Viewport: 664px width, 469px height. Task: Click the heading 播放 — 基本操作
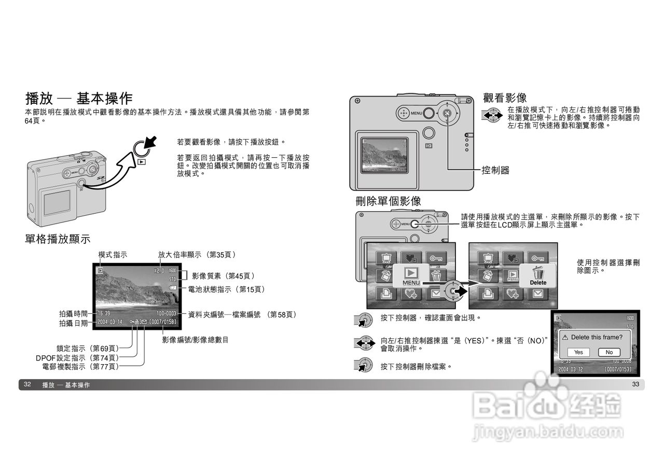coord(79,99)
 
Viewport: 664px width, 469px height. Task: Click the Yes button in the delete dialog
coord(578,352)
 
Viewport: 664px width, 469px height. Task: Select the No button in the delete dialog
coord(609,352)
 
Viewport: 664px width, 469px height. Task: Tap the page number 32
coord(27,384)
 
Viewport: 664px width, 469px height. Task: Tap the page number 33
coord(635,384)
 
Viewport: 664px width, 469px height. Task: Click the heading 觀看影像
coord(505,98)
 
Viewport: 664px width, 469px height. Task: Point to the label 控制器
coord(495,170)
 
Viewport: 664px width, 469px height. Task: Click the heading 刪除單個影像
coord(388,201)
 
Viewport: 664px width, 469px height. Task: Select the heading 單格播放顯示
coord(58,239)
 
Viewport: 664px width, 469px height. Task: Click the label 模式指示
coord(113,254)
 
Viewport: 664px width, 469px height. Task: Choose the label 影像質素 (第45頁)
coord(223,276)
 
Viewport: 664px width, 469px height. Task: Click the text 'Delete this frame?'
coord(597,337)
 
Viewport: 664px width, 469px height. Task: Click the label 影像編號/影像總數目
coord(195,340)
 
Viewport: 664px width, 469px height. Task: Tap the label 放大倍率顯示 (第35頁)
coord(197,254)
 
